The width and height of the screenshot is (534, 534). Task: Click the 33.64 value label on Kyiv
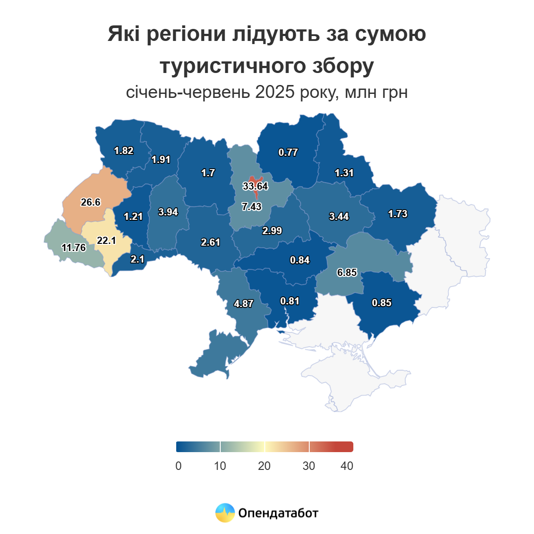[x=255, y=186]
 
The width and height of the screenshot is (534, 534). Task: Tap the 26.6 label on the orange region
[x=90, y=202]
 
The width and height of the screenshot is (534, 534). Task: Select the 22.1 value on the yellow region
[x=106, y=240]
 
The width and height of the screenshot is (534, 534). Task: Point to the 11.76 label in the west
[x=74, y=247]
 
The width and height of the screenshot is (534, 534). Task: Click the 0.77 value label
[x=288, y=152]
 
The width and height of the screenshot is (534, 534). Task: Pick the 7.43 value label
[x=251, y=206]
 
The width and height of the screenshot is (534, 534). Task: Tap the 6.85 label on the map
[x=347, y=272]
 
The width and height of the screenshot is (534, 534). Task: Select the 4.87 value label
[x=243, y=303]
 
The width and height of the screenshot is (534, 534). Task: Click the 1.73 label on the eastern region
[x=397, y=214]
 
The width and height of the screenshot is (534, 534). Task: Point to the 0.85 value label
[x=381, y=303]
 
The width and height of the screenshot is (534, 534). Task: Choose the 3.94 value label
[x=168, y=212]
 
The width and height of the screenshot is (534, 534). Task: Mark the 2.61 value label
[x=210, y=242]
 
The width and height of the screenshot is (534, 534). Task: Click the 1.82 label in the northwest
[x=123, y=150]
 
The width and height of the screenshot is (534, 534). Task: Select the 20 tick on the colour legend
[x=264, y=466]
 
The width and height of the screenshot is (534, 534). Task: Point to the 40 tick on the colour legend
[x=347, y=466]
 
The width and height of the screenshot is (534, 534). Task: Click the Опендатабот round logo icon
[x=225, y=513]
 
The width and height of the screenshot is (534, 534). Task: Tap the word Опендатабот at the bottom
[x=278, y=513]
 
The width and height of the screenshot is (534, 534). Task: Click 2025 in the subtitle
[x=275, y=93]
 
